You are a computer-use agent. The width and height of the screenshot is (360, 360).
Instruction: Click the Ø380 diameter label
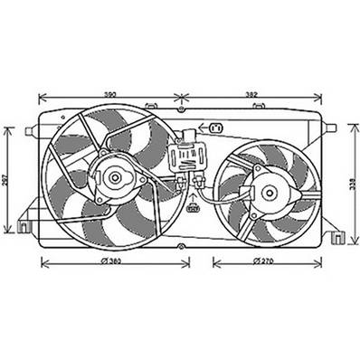[x=112, y=262]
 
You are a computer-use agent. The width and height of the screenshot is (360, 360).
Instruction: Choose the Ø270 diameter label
[x=263, y=262]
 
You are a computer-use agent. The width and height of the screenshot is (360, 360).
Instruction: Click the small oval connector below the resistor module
[x=192, y=208]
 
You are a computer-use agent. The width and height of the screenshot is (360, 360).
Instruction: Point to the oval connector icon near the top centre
[x=216, y=128]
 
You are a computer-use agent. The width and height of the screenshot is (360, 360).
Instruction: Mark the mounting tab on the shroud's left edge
[x=32, y=131]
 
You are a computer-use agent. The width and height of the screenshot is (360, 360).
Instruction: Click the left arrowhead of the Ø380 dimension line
[x=43, y=262]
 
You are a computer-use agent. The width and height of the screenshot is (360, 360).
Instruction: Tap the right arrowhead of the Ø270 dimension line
[x=320, y=262]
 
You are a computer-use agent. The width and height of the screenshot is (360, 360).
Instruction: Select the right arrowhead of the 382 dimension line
[x=320, y=98]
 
